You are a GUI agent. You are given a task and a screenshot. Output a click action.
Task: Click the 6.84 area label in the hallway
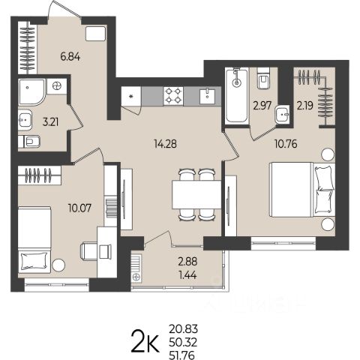70,57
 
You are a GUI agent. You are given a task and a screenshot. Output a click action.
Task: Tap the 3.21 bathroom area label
51,122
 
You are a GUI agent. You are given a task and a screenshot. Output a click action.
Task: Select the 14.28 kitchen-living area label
166,144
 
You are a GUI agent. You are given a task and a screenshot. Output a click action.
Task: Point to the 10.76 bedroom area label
286,144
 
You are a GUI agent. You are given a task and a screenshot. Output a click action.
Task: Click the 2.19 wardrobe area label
305,106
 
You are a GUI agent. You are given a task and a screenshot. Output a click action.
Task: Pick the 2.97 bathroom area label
262,106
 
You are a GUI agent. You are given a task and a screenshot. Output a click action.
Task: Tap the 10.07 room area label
80,208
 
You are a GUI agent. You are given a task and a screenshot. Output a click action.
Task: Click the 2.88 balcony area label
187,262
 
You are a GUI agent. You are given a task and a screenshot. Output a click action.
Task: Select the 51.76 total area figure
181,355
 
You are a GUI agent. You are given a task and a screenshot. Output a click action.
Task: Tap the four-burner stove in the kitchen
173,96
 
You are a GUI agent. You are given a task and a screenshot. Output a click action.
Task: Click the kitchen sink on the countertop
207,96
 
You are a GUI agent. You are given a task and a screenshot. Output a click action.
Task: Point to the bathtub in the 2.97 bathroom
237,96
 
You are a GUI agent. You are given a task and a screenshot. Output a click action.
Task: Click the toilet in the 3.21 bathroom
29,142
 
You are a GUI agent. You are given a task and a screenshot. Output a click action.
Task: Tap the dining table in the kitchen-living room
196,195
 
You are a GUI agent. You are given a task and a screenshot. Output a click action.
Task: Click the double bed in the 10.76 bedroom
302,190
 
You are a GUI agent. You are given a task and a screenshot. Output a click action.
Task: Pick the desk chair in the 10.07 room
88,251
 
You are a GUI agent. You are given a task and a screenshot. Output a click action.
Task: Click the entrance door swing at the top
64,9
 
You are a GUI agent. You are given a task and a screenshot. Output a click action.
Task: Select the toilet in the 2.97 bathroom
263,78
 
